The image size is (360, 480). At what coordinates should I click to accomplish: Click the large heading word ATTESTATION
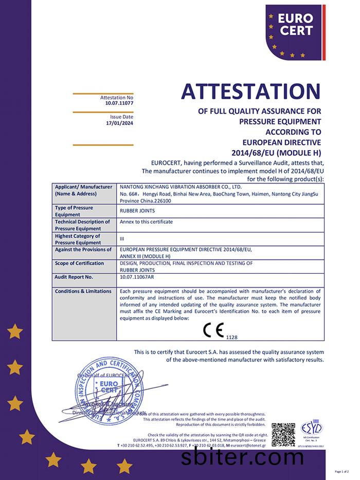pos(250,92)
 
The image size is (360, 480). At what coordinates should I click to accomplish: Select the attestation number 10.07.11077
pos(119,103)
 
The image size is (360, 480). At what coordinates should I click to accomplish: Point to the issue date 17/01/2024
pos(119,123)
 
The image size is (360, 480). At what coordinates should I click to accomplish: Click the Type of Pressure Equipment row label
pos(74,211)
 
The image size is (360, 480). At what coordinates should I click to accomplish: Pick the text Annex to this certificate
pos(146,222)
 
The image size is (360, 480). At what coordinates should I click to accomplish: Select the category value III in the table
pos(122,239)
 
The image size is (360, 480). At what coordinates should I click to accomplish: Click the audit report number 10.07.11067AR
pos(136,277)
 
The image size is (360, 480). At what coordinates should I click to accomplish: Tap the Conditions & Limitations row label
pos(83,291)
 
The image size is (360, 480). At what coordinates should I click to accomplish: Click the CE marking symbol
pos(213,329)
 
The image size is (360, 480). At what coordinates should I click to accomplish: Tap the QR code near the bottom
pos(283,434)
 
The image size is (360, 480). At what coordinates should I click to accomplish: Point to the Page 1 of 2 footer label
pos(342,472)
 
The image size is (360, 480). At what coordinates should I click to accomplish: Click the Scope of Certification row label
pos(79,263)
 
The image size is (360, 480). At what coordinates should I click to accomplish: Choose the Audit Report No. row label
pos(74,277)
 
